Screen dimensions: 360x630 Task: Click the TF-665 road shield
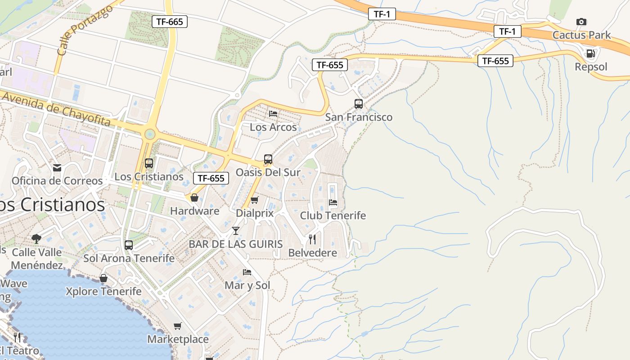click(x=169, y=21)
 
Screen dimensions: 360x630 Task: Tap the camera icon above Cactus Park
click(x=581, y=22)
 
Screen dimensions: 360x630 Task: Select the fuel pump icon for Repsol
click(x=590, y=54)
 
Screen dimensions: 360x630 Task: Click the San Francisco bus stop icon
click(x=358, y=104)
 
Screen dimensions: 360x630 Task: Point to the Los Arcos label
click(x=273, y=127)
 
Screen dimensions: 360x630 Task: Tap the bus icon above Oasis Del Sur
click(x=268, y=159)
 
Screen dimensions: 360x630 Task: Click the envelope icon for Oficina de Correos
click(x=57, y=168)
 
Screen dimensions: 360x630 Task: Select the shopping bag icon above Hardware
click(x=194, y=198)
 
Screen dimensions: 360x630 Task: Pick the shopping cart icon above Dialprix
click(x=254, y=200)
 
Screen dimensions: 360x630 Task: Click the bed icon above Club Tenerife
click(x=333, y=202)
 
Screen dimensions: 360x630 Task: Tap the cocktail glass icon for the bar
click(x=235, y=231)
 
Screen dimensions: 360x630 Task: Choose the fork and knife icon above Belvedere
click(x=312, y=239)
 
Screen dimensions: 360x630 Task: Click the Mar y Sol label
click(x=247, y=285)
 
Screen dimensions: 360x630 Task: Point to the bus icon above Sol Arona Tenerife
click(x=129, y=245)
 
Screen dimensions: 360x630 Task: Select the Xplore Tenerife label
click(x=103, y=291)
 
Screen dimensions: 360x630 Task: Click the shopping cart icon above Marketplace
click(x=178, y=326)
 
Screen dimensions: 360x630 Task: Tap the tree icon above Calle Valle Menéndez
click(x=36, y=238)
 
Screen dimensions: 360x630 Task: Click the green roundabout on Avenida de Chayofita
click(x=149, y=134)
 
